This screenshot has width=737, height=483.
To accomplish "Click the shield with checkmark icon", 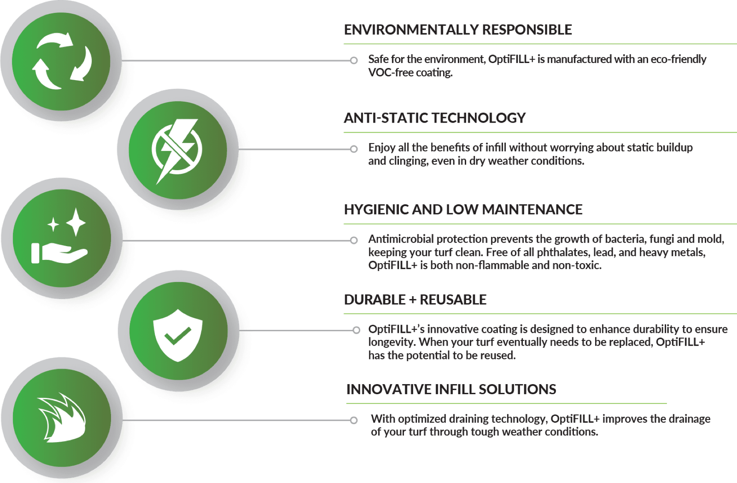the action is pyautogui.click(x=178, y=335).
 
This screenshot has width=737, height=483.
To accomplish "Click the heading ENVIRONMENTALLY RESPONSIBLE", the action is pyautogui.click(x=458, y=30).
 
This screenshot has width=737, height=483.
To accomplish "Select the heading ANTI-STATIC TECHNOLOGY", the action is pyautogui.click(x=434, y=118).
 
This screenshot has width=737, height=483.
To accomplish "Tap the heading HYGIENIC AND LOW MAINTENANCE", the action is pyautogui.click(x=463, y=209).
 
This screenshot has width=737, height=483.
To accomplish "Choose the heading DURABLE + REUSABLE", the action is pyautogui.click(x=415, y=299).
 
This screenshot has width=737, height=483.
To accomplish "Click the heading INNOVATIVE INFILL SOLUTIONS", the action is pyautogui.click(x=451, y=389).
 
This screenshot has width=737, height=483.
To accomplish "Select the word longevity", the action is pyautogui.click(x=392, y=342).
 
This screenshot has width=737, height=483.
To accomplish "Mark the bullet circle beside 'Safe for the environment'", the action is pyautogui.click(x=354, y=60).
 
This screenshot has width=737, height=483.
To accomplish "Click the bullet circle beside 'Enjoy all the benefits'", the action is pyautogui.click(x=354, y=149).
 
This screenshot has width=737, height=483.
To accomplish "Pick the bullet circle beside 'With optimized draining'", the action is pyautogui.click(x=354, y=420).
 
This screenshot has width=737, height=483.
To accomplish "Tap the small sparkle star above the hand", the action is pyautogui.click(x=53, y=224).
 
